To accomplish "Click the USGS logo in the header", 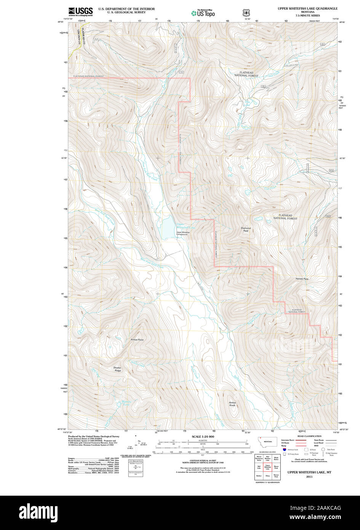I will coord(80,12).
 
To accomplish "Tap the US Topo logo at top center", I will coord(203,13).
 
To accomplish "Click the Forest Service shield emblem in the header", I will coord(246,13).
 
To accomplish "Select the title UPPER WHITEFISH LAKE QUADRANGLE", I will coord(307,8).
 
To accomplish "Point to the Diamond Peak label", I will coord(246,230).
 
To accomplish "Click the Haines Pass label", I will coord(302,279).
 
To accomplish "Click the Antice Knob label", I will coord(232,404).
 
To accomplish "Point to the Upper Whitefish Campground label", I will coord(182,233).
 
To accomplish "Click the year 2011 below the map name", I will coord(309,476).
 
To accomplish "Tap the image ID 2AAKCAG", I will coord(328,508).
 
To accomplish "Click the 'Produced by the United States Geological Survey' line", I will coord(94,436).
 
